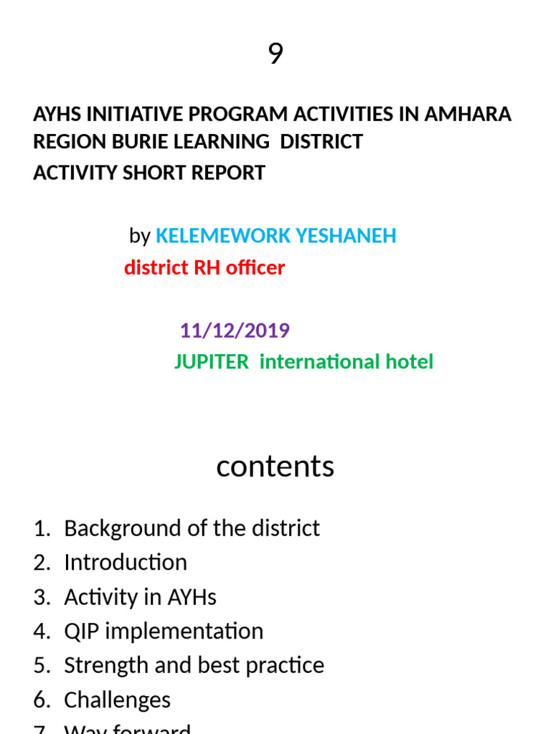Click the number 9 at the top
tap(275, 54)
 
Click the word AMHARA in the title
tap(469, 115)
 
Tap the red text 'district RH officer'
tap(204, 268)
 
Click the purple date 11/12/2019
tap(235, 330)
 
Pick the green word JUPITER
tap(211, 362)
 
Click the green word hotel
tap(409, 362)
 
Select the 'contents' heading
tap(275, 466)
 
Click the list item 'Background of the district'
tap(192, 528)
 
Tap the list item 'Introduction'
tap(126, 563)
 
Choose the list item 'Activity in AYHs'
tap(140, 597)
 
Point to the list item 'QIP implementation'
tap(164, 631)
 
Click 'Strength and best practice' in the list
tap(194, 666)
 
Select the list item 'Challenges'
tap(117, 700)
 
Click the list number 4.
tap(40, 631)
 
